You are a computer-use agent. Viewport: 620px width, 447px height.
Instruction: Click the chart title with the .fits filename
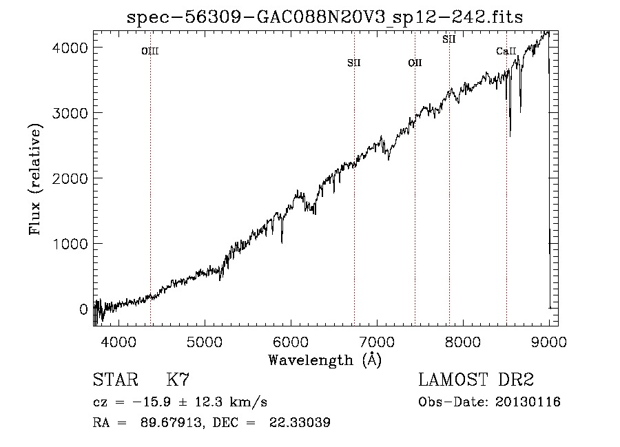tap(324, 17)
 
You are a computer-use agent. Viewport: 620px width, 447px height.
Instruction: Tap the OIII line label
tap(150, 51)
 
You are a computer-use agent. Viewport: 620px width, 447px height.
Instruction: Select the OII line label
tap(415, 63)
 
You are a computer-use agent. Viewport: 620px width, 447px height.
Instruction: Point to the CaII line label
tap(506, 51)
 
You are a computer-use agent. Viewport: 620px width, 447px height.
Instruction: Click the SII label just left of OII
tap(354, 63)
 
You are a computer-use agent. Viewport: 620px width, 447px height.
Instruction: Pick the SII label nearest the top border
tap(448, 39)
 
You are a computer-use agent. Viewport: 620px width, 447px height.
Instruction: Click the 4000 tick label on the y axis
tap(70, 48)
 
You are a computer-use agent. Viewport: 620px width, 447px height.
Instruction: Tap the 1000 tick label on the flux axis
tap(70, 244)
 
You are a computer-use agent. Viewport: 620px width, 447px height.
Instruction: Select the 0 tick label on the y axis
tap(83, 309)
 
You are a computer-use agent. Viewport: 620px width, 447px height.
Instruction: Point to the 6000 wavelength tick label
tap(291, 342)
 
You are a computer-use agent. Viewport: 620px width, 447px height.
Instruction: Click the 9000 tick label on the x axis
tap(549, 342)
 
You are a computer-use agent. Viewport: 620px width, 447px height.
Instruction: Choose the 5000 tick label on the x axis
tap(205, 342)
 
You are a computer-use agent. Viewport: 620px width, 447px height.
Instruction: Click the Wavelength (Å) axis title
tap(325, 360)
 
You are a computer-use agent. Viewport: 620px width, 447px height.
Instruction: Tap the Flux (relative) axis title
tap(35, 179)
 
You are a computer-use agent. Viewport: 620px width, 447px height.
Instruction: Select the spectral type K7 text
tap(178, 380)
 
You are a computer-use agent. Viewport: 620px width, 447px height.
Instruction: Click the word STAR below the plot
tap(116, 380)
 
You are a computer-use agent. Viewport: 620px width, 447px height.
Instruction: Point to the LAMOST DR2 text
tap(476, 380)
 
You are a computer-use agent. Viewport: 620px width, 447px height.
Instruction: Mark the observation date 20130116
tap(528, 402)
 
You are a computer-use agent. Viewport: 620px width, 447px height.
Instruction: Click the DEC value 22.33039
tap(300, 422)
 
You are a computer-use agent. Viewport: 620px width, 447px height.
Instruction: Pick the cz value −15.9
tap(152, 402)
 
